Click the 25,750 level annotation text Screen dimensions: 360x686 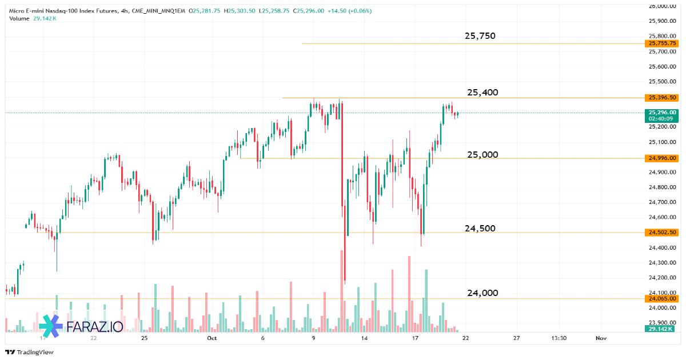480,36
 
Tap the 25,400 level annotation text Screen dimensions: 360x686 482,93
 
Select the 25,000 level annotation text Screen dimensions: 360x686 482,155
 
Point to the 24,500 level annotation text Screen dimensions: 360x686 480,229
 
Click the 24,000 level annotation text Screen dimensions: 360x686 482,293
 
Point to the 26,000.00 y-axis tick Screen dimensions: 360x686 662,6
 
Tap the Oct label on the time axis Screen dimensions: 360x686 212,338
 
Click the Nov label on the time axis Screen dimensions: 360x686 600,338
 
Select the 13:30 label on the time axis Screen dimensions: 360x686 559,338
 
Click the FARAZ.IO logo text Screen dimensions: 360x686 94,326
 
